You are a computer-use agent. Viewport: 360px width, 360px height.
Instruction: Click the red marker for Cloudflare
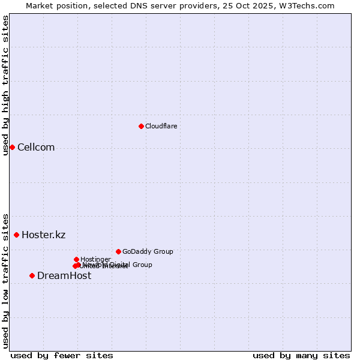141,126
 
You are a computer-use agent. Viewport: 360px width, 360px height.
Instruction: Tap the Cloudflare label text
161,126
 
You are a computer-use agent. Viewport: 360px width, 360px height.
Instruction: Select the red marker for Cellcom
12,147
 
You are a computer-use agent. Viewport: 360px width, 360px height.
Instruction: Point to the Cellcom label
36,148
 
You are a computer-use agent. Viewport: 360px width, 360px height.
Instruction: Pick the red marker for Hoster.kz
16,235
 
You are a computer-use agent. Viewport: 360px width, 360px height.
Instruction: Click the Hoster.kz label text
43,235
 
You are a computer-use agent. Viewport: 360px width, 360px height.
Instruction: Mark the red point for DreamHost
32,275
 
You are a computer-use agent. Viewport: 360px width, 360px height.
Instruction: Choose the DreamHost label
64,275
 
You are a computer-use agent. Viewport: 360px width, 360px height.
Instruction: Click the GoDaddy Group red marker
118,251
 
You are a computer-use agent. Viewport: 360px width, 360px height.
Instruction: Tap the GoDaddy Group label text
148,251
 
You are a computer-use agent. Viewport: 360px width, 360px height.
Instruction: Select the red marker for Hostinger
76,259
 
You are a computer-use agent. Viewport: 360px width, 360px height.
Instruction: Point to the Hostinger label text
95,259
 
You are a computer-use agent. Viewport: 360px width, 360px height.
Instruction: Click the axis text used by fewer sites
62,355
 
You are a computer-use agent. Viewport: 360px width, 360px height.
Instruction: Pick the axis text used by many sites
301,355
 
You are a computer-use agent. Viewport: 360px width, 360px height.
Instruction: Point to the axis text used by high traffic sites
5,85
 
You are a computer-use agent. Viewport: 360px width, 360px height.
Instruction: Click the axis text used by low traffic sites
5,280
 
